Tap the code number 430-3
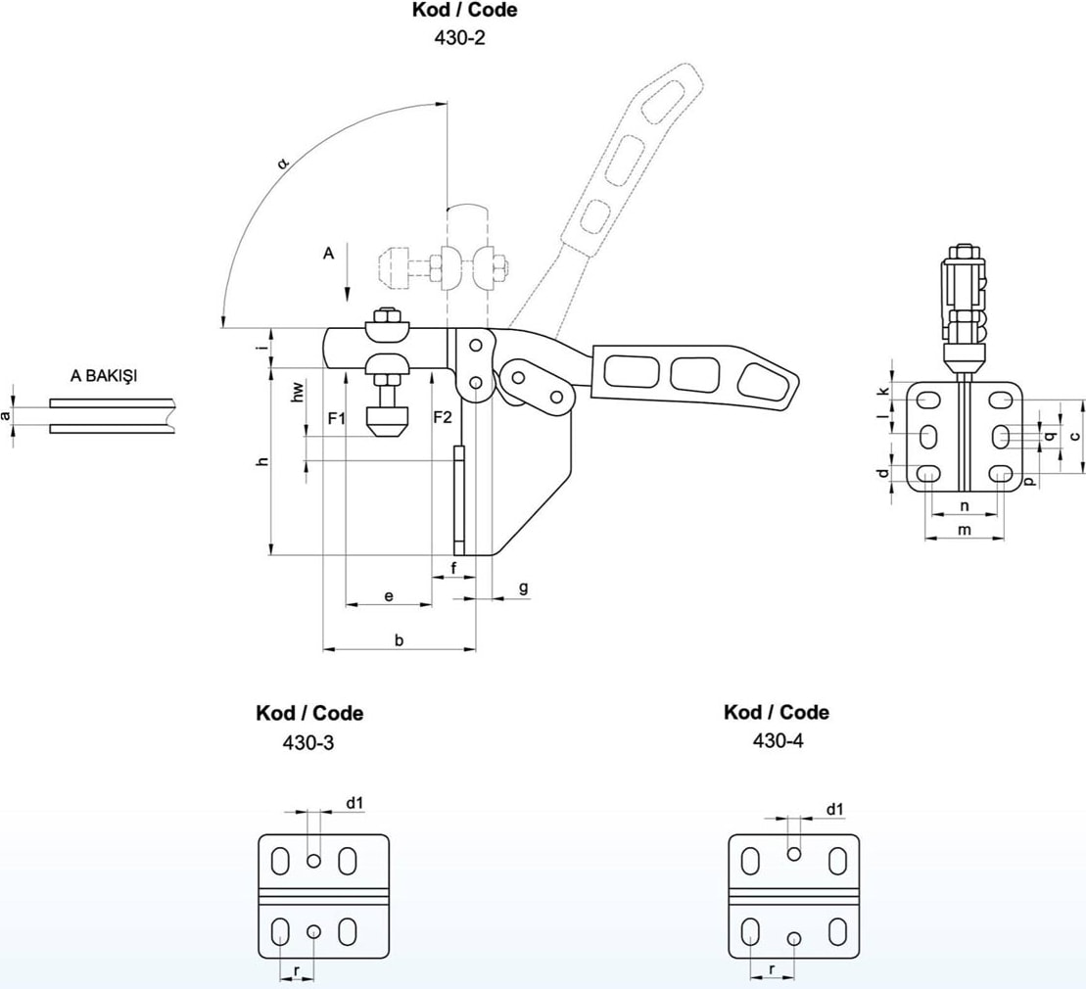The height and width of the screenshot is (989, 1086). coord(307,742)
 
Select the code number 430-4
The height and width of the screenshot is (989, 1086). coord(778,741)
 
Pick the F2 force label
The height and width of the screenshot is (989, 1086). coord(443,418)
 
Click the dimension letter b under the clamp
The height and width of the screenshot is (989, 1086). coord(399,640)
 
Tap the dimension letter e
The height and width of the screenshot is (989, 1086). coord(389,595)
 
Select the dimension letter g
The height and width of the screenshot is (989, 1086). coord(523,588)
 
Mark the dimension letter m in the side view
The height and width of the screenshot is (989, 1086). coord(965,530)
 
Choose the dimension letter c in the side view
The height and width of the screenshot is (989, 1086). coord(1074,436)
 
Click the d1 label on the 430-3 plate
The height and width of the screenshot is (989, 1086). coord(354,803)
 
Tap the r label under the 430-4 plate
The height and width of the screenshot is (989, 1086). coord(773,969)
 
